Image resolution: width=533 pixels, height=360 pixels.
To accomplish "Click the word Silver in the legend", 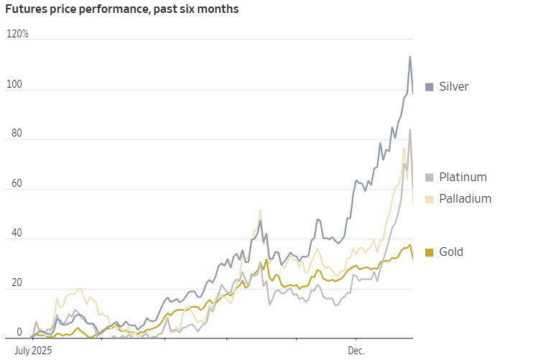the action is coord(453,86).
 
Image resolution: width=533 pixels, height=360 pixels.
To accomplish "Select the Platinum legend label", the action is coord(463,177).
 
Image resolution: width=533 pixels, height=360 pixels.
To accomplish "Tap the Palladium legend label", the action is coord(465,198).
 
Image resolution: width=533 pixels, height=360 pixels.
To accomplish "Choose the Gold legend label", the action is coord(450,251).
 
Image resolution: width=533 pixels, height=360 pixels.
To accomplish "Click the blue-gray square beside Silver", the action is coord(430,87).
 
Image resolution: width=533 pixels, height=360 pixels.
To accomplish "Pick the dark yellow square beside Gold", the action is coord(430,252).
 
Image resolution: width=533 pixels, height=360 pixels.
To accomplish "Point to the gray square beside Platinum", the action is coord(430,177).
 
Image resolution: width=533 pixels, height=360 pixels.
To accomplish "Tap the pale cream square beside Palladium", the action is coord(430,199).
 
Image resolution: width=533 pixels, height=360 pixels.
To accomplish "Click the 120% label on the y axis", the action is coord(17,34).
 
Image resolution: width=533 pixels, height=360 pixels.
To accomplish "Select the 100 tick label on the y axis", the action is coord(14,84).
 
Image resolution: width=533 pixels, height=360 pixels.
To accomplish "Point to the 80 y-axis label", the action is coord(17,133).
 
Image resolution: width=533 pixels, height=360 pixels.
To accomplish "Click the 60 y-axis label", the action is coord(17,183).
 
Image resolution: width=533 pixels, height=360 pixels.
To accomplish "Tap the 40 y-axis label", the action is coord(17,233).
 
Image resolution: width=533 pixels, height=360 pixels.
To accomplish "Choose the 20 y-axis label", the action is coord(17,282).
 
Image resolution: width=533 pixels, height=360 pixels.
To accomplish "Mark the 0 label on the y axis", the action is coord(19,332).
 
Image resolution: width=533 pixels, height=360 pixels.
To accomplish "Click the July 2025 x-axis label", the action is coord(33,351).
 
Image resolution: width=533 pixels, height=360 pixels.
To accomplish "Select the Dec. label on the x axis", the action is coord(356,351).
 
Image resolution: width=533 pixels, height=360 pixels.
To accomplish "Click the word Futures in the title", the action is coord(26,9).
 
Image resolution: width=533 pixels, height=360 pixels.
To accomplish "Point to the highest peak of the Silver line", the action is coord(410,57).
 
